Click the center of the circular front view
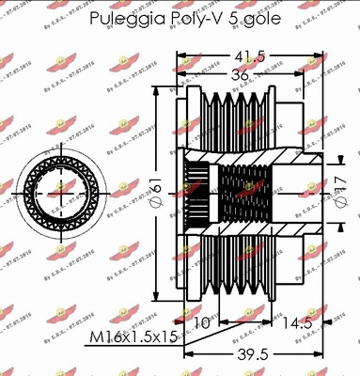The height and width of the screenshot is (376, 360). (59, 186)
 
